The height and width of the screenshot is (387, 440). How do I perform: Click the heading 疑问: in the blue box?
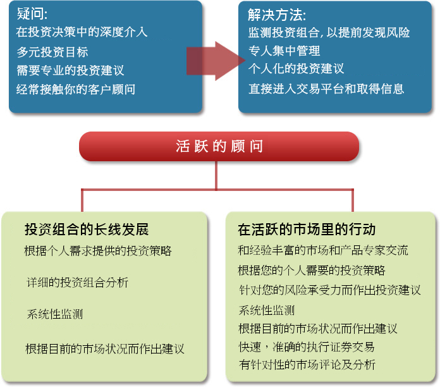[32, 13]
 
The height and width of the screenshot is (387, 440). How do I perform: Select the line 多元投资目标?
[52, 52]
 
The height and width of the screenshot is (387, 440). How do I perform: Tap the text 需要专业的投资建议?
[70, 70]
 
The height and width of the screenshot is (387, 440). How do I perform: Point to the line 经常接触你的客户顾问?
[76, 90]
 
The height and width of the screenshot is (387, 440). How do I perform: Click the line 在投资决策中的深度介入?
[82, 32]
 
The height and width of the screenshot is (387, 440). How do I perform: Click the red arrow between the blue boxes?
[216, 61]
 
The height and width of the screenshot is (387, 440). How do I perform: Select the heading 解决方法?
[277, 15]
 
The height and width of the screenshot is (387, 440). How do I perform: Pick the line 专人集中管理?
[284, 51]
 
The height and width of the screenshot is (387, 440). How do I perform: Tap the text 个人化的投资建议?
[296, 68]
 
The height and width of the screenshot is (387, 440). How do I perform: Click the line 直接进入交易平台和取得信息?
[326, 89]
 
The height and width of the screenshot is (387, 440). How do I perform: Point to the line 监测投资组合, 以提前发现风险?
[329, 32]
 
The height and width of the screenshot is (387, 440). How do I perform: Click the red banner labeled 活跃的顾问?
[219, 146]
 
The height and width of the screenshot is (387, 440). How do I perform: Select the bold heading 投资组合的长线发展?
[87, 230]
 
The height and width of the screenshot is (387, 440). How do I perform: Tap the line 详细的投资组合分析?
[78, 282]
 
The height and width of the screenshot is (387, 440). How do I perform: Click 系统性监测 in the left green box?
[55, 314]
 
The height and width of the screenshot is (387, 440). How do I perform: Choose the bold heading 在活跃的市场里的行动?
[307, 230]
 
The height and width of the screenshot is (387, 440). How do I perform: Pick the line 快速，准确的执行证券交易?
[307, 347]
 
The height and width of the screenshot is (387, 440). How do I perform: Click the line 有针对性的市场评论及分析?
[307, 365]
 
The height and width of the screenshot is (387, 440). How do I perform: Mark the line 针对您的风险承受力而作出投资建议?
[330, 290]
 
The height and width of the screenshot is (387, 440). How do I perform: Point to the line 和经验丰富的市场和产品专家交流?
[322, 250]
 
